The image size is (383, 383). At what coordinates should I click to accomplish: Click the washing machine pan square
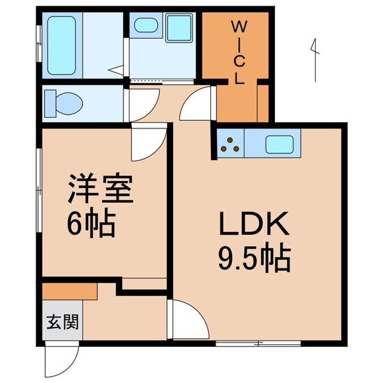(x=178, y=28)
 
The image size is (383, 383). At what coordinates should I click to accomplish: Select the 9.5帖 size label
(x=253, y=259)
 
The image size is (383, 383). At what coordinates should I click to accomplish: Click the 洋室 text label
(x=99, y=191)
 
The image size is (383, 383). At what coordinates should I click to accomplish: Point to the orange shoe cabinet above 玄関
(x=69, y=290)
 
